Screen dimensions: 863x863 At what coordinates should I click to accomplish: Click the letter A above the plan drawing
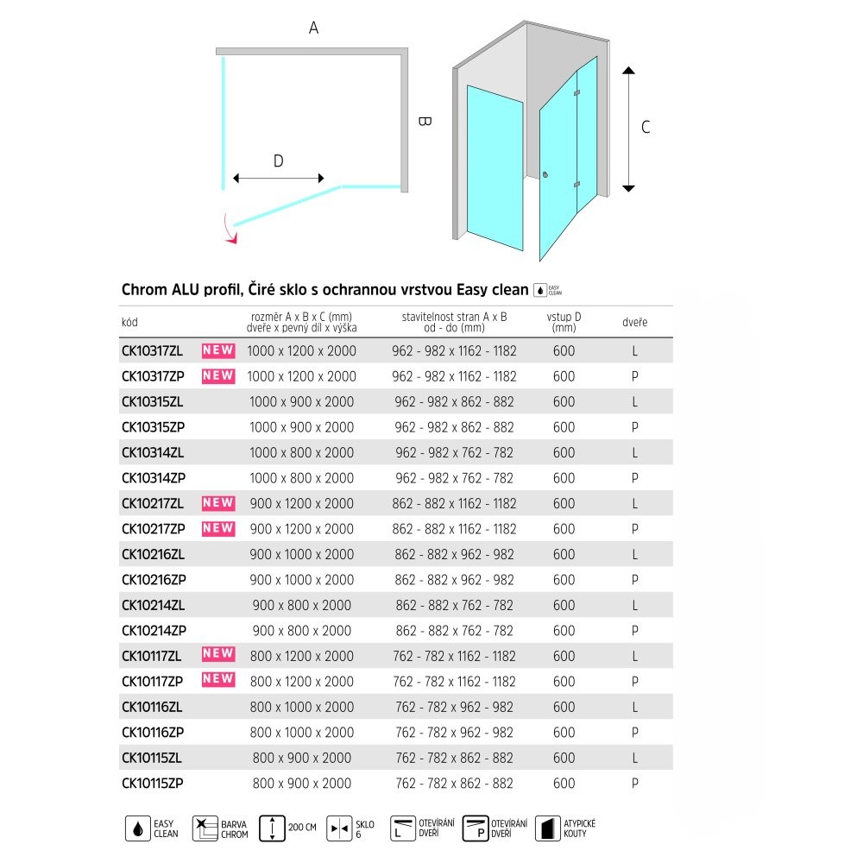tap(314, 28)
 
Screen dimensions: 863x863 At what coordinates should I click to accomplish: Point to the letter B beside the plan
tap(424, 122)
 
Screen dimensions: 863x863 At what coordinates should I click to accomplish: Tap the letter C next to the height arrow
tap(646, 127)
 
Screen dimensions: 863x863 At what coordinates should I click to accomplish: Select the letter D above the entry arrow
tap(278, 161)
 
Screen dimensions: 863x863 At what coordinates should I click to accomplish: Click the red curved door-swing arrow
tap(228, 230)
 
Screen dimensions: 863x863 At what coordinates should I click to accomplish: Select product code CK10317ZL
tap(153, 351)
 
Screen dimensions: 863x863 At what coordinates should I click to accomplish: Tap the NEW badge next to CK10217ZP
tap(218, 528)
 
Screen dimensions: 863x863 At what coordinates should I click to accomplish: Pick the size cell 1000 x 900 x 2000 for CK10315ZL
tap(300, 402)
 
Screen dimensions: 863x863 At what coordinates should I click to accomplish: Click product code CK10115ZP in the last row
tap(153, 784)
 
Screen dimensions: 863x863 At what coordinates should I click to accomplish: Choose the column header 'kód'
tap(129, 323)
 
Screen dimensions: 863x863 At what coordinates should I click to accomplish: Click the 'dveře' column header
tap(634, 323)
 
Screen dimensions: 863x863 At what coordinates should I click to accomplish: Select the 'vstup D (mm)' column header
tap(564, 322)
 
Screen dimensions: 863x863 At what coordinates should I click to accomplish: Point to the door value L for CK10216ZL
tap(634, 555)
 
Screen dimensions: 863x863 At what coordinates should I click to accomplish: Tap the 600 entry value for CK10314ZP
tap(564, 478)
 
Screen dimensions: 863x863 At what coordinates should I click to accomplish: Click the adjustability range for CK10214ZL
tap(454, 606)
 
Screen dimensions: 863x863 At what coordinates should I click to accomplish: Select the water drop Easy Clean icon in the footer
tap(138, 828)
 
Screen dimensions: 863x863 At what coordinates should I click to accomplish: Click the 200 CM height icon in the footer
tap(273, 828)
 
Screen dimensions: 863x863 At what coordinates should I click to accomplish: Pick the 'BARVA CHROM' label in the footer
tap(235, 829)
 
